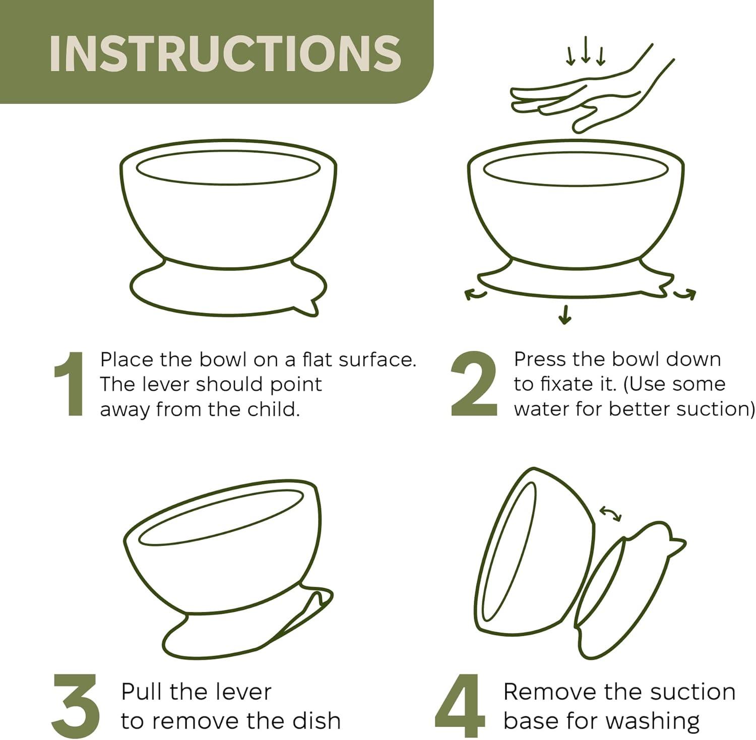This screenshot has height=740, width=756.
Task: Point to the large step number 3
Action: (x=77, y=706)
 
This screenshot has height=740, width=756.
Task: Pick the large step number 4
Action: (x=460, y=706)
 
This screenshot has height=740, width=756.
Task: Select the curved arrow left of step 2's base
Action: (x=475, y=294)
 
